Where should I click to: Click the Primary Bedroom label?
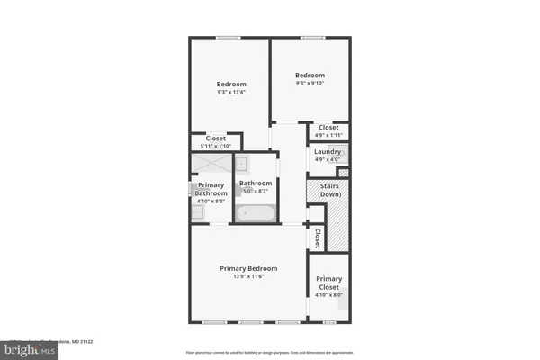pos(249,268)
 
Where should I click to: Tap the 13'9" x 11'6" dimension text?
pos(249,277)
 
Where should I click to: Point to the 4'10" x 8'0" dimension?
pos(328,294)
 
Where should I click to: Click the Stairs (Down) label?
pos(328,190)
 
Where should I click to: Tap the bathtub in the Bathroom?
pos(257,213)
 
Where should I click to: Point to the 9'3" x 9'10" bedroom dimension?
pos(310,84)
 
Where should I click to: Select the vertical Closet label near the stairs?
pos(318,238)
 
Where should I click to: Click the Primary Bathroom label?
pos(211,189)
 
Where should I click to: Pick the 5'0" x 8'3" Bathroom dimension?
pos(256,191)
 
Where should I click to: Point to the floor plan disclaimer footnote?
pos(270,353)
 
